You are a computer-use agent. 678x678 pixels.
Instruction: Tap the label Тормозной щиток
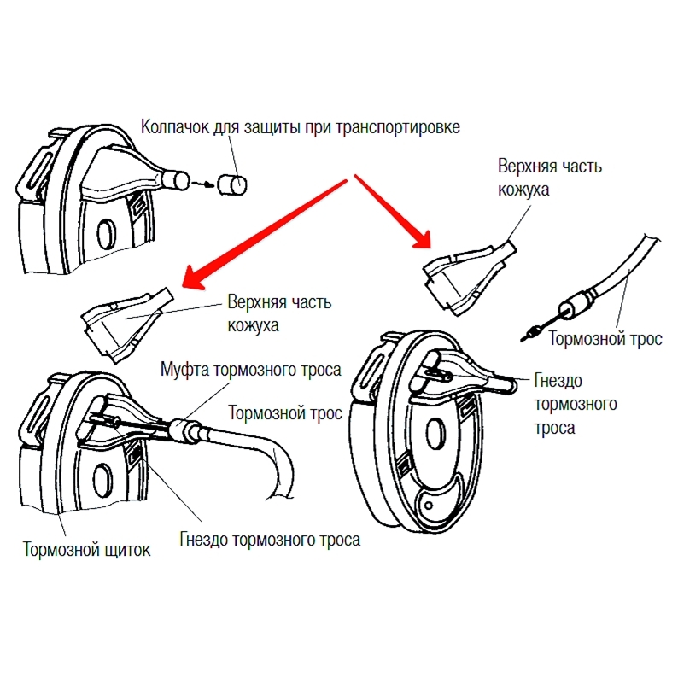(87, 549)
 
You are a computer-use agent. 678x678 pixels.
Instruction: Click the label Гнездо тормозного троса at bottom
(270, 540)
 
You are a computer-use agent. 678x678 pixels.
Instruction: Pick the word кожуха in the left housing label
(253, 325)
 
